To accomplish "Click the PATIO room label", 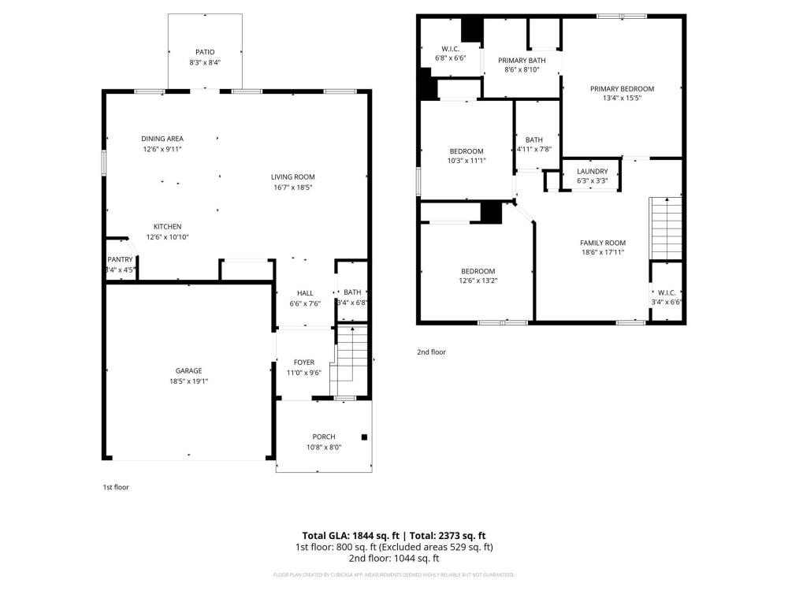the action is coord(205,52).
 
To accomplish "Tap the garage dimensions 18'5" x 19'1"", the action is coord(188,381).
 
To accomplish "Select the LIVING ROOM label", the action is coord(293,177).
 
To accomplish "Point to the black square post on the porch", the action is coord(364,437).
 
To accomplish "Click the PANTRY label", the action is coord(120,259).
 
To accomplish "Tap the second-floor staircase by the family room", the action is coord(666,229).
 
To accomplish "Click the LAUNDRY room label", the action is coord(593,171).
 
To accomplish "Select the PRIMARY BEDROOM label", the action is coord(623,89).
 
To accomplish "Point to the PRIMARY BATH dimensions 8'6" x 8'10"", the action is coord(522,70).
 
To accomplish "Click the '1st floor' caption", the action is coord(116,487).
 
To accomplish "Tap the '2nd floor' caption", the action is coord(431,351).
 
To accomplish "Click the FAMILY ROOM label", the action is coord(603,243).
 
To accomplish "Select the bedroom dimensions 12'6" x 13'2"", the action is coord(478,281).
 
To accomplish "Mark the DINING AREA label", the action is coord(162,139).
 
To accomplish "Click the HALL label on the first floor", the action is coord(305,293).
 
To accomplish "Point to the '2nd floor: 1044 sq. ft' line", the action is coord(394,558).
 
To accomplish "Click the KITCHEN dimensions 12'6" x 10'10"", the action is coord(167,237).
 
